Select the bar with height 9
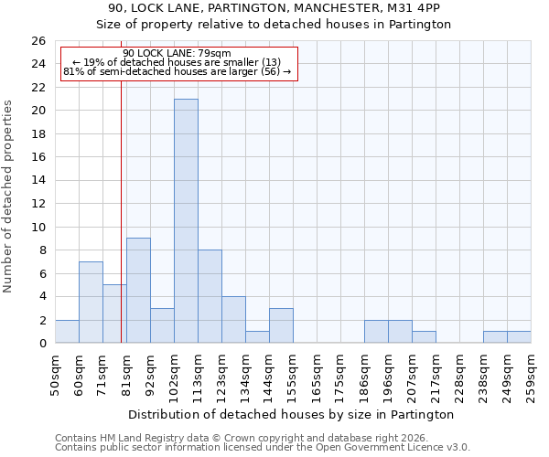point(138,291)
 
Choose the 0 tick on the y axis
point(41,344)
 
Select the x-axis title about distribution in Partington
point(290,414)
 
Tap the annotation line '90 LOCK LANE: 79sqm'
point(177,54)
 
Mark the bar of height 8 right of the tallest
point(210,297)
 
